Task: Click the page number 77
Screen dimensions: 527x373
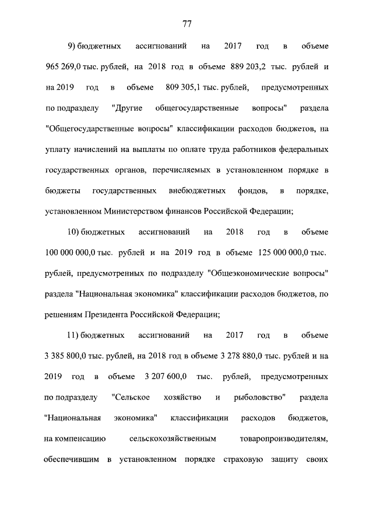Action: (x=187, y=24)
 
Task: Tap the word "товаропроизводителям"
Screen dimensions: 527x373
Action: (x=284, y=439)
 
